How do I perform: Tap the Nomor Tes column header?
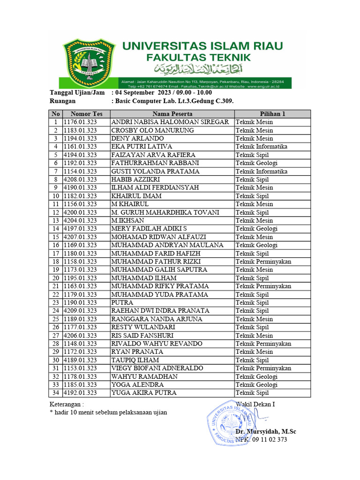pyautogui.click(x=86, y=114)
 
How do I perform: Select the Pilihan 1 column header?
pyautogui.click(x=272, y=114)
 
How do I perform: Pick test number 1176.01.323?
pyautogui.click(x=80, y=122)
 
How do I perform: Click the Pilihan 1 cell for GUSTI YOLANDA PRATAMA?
pyautogui.click(x=261, y=171)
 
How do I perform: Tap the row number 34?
pyautogui.click(x=56, y=393)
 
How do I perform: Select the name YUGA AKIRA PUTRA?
pyautogui.click(x=144, y=393)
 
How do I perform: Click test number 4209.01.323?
pyautogui.click(x=80, y=311)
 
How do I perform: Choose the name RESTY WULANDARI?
pyautogui.click(x=143, y=327)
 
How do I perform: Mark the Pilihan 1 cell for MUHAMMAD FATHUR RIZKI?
pyautogui.click(x=263, y=262)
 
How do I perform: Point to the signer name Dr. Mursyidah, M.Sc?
pyautogui.click(x=266, y=431)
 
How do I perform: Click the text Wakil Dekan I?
pyautogui.click(x=255, y=404)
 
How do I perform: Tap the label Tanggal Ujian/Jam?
pyautogui.click(x=77, y=93)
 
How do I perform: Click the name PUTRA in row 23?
pyautogui.click(x=122, y=302)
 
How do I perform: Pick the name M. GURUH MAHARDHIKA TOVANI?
pyautogui.click(x=165, y=212)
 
